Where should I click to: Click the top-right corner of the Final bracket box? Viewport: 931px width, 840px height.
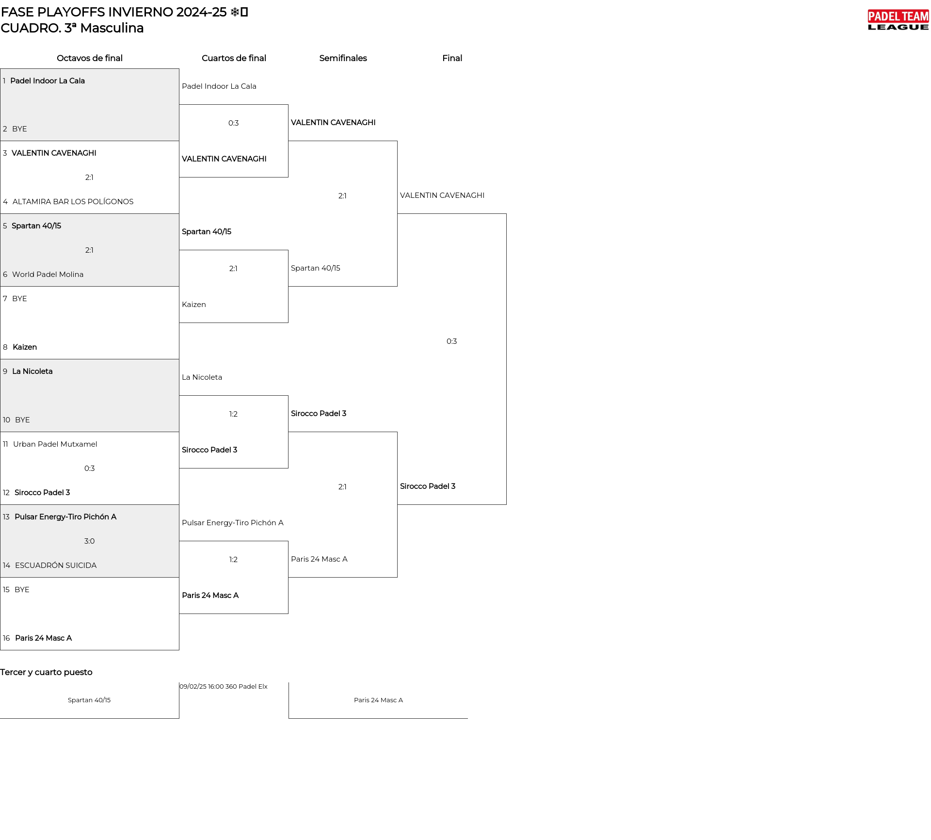pos(506,214)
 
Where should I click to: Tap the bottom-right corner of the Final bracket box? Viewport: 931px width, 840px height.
pos(506,504)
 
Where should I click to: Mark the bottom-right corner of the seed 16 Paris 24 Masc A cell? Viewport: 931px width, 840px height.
pos(179,650)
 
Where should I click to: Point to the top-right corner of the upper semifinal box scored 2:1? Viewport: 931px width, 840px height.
pos(397,141)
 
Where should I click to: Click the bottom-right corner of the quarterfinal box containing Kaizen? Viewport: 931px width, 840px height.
pos(288,323)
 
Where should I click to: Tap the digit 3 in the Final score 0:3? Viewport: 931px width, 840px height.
pos(454,341)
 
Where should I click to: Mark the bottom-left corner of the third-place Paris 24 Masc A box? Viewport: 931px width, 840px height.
pos(289,718)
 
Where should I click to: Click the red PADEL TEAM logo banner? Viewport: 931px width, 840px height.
pos(898,16)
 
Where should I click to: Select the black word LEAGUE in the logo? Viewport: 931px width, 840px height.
pos(898,27)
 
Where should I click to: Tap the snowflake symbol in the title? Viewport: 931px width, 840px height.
pos(235,12)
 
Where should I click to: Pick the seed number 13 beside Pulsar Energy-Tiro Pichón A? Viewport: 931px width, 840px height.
pos(6,517)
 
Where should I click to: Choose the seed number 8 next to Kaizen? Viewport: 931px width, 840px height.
pos(5,347)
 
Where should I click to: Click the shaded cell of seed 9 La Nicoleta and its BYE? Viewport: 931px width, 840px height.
pos(90,395)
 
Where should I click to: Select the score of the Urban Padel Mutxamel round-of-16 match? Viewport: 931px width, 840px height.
pos(89,468)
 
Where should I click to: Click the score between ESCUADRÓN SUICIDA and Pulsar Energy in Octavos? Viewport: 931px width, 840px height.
pos(89,541)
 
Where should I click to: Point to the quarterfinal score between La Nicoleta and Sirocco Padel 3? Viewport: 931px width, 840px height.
pos(233,414)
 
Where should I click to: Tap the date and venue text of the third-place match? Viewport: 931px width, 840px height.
pos(224,687)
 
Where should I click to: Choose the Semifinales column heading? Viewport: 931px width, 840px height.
pos(343,58)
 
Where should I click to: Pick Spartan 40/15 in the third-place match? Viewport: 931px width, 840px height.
pos(89,700)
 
